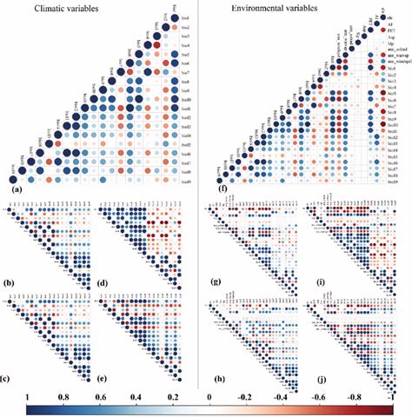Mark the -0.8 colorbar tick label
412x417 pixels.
361,408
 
